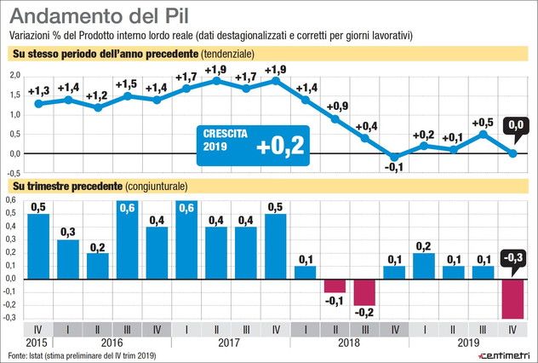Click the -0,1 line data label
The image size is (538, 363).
(x=394, y=168)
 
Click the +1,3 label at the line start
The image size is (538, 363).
(x=38, y=91)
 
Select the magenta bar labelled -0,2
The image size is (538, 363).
(x=364, y=291)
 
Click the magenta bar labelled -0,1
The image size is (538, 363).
(x=335, y=285)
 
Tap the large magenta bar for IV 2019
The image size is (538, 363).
(x=513, y=297)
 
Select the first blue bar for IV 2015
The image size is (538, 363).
(x=38, y=245)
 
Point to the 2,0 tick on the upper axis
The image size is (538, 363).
(x=14, y=76)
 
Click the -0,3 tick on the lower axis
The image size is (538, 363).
(x=13, y=317)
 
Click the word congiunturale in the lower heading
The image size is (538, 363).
(x=156, y=186)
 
